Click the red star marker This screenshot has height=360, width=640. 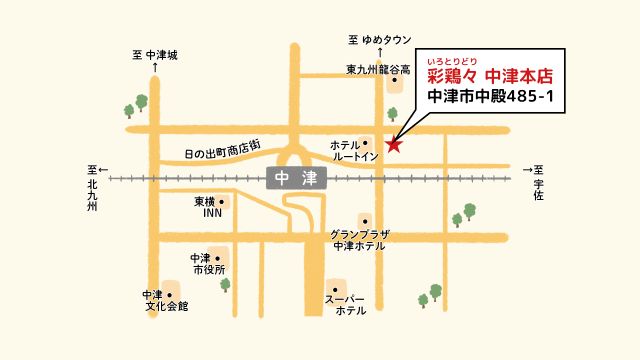[x=394, y=144]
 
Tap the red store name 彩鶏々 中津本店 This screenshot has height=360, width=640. [x=490, y=76]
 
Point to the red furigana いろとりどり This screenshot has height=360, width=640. [x=460, y=60]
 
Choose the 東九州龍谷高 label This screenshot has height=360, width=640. [x=378, y=69]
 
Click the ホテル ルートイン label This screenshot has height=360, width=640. [x=354, y=151]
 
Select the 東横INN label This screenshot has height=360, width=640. [x=211, y=207]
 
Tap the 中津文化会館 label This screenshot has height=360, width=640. [x=165, y=301]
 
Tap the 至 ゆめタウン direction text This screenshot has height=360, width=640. [x=380, y=40]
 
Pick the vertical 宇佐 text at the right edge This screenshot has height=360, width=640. [x=539, y=190]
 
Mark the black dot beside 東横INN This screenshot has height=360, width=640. [x=221, y=201]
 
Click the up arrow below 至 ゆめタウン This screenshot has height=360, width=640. [x=380, y=52]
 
